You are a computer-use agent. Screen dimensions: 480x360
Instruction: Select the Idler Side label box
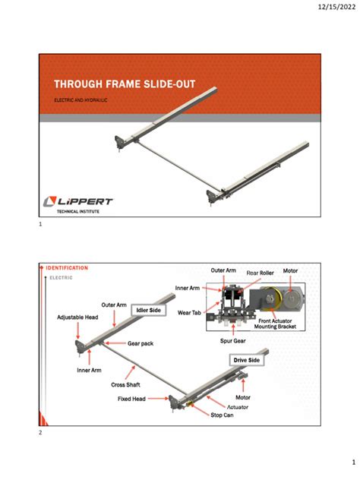click(x=150, y=311)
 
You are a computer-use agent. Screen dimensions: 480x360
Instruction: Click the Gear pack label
click(x=141, y=343)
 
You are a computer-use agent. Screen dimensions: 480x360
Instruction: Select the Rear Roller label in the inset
click(x=260, y=273)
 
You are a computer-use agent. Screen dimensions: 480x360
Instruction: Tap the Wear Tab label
click(x=189, y=311)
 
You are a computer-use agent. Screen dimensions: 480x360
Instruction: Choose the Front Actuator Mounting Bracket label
click(x=285, y=324)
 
